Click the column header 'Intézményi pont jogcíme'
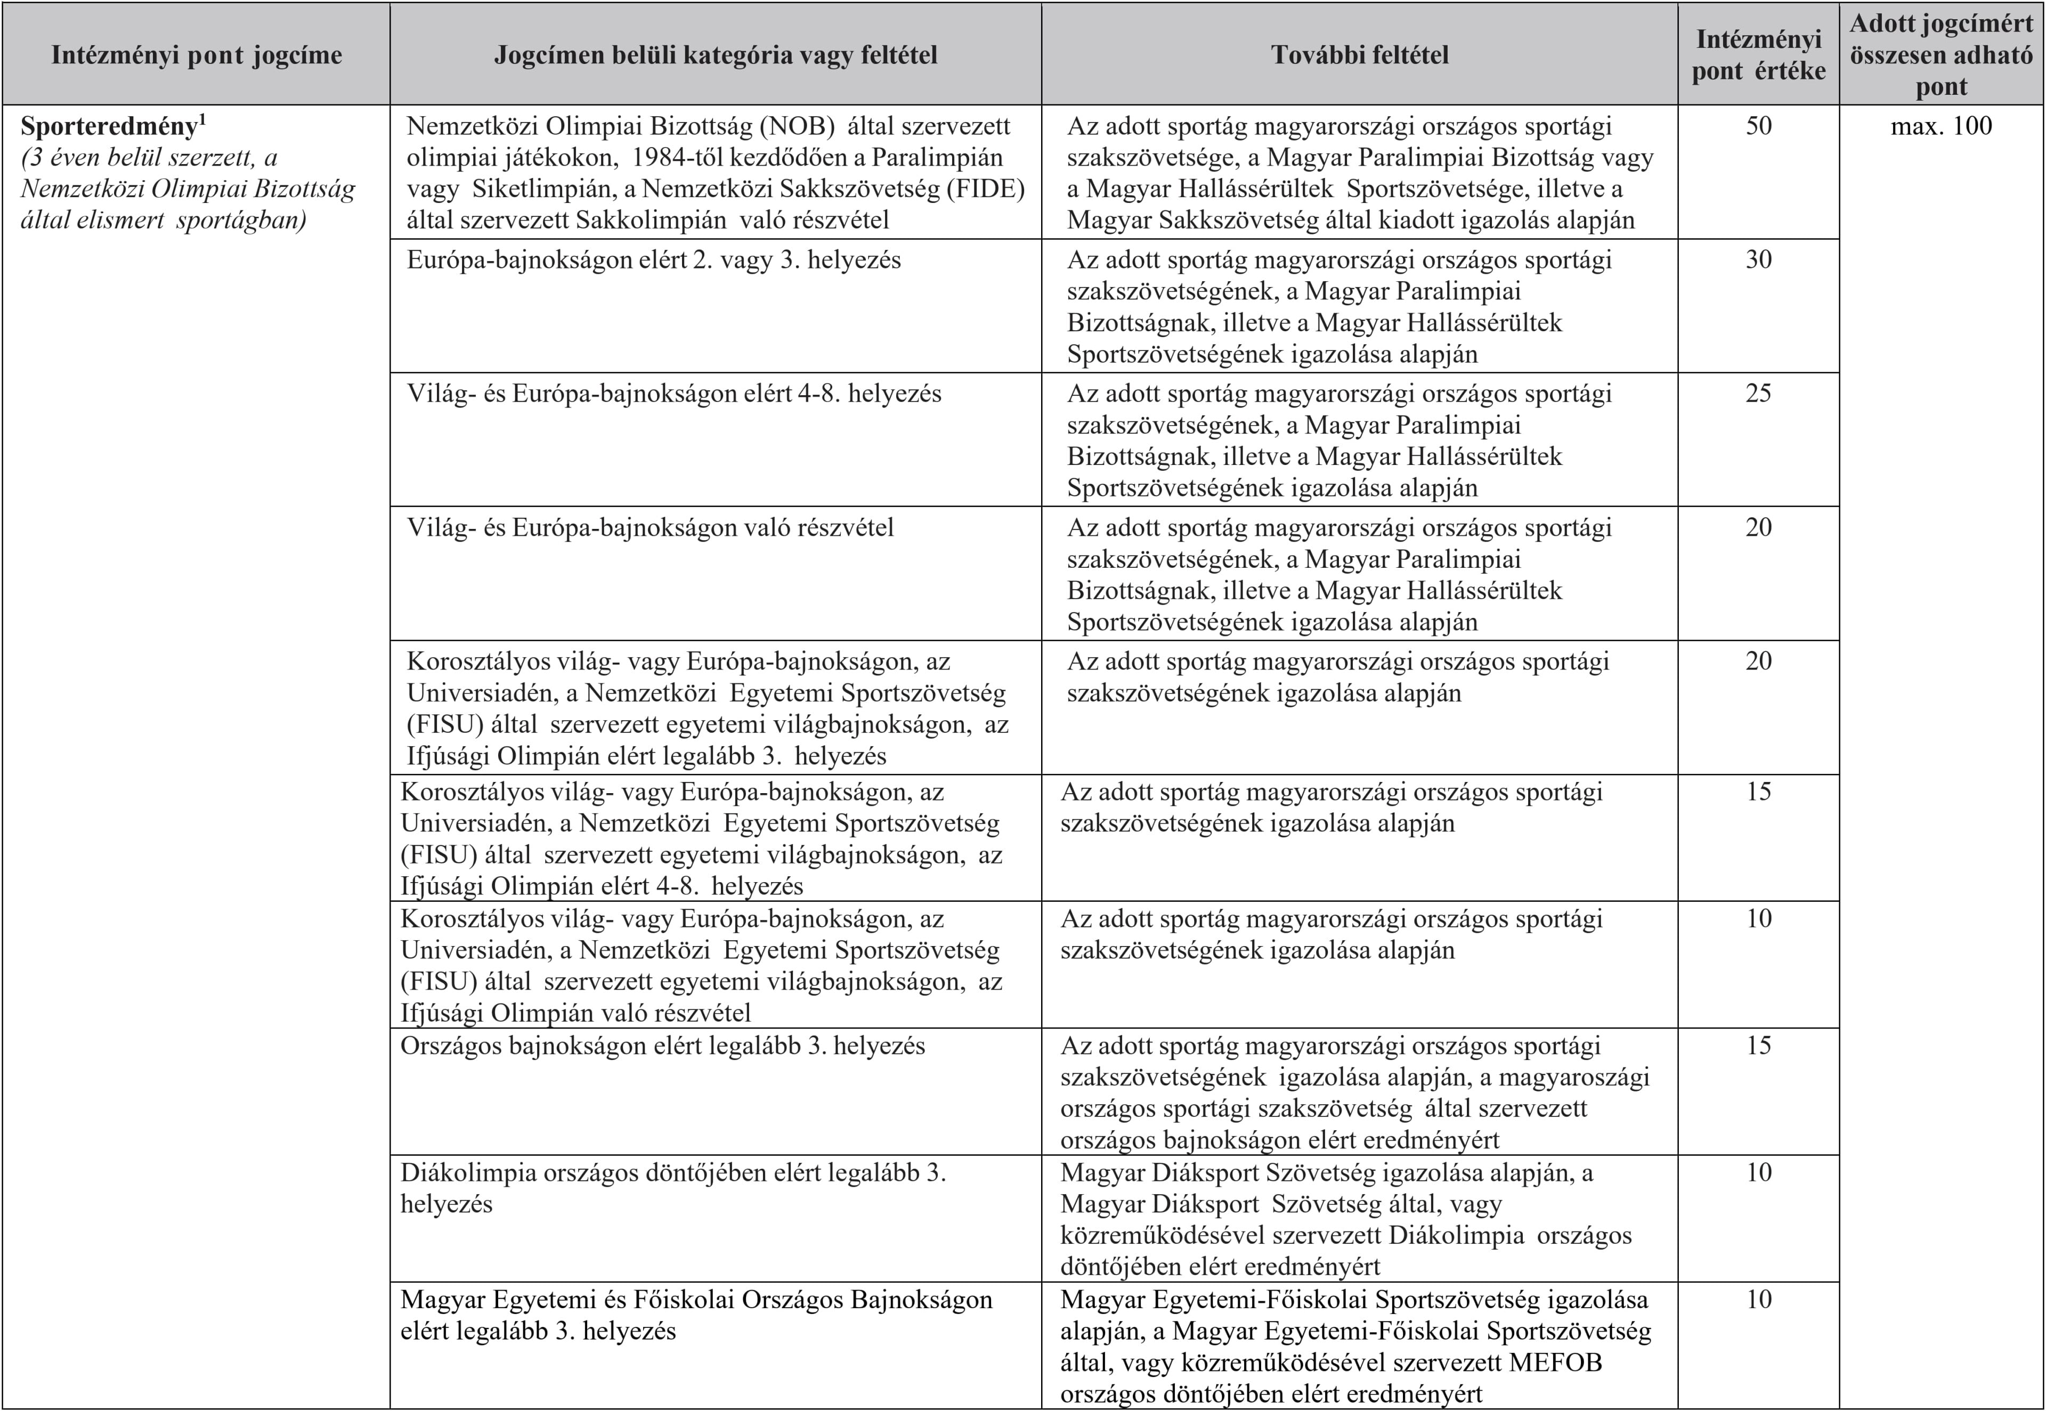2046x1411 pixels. click(196, 55)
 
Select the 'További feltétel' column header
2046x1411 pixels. click(1360, 55)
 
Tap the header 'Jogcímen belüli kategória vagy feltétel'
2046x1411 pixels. click(716, 55)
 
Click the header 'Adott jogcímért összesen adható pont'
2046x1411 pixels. click(1942, 55)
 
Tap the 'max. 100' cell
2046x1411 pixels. click(1942, 126)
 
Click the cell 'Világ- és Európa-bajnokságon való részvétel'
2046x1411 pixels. click(650, 528)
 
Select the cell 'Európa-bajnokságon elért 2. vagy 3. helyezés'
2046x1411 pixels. click(653, 260)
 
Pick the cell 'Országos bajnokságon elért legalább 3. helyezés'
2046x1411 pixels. click(662, 1046)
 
